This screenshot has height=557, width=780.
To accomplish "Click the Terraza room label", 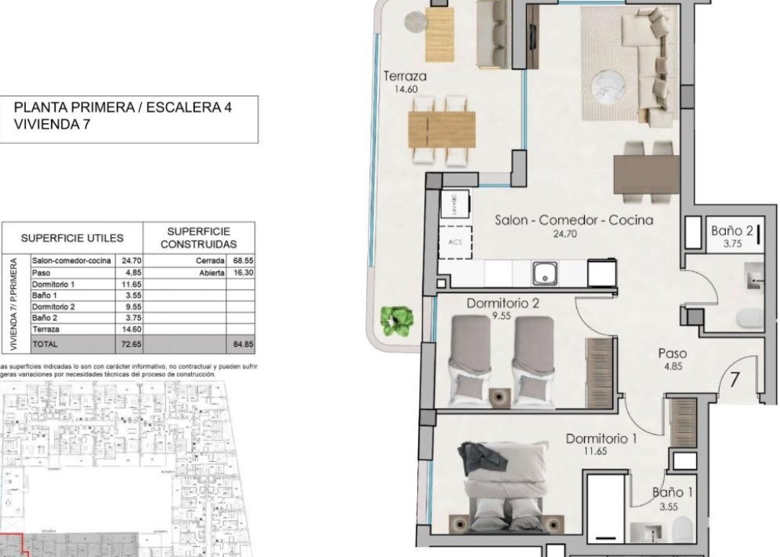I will coord(404,76).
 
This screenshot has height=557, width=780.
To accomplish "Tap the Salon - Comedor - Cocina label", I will coord(574,220).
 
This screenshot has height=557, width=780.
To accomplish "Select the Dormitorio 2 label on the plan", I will coord(503,303).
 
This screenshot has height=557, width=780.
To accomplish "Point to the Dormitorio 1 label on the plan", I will coord(601,438).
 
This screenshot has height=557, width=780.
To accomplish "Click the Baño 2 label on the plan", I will coord(732,231).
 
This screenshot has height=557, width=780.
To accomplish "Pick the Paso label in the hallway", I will coord(672,353).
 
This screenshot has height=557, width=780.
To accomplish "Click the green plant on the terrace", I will coord(398,320).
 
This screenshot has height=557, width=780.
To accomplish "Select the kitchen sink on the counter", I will coord(545,272).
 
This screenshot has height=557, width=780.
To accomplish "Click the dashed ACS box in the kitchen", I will coord(456,243).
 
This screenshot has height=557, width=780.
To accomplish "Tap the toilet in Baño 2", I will coord(750,319).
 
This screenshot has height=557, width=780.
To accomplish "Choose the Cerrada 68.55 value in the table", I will coord(242,260).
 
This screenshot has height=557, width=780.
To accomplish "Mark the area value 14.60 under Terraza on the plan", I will coord(404,89).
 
